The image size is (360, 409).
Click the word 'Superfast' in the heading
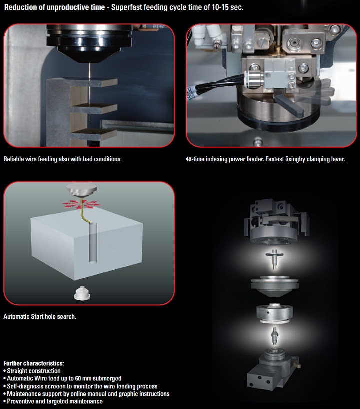click(x=126, y=7)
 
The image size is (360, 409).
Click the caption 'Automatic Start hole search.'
click(x=40, y=316)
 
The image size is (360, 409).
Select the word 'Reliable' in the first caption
click(x=14, y=159)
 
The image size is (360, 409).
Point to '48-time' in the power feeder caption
click(x=195, y=159)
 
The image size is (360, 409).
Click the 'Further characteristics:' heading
click(x=33, y=363)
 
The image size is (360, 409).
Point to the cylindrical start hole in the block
click(x=93, y=243)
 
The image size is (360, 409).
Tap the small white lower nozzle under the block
click(x=82, y=293)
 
